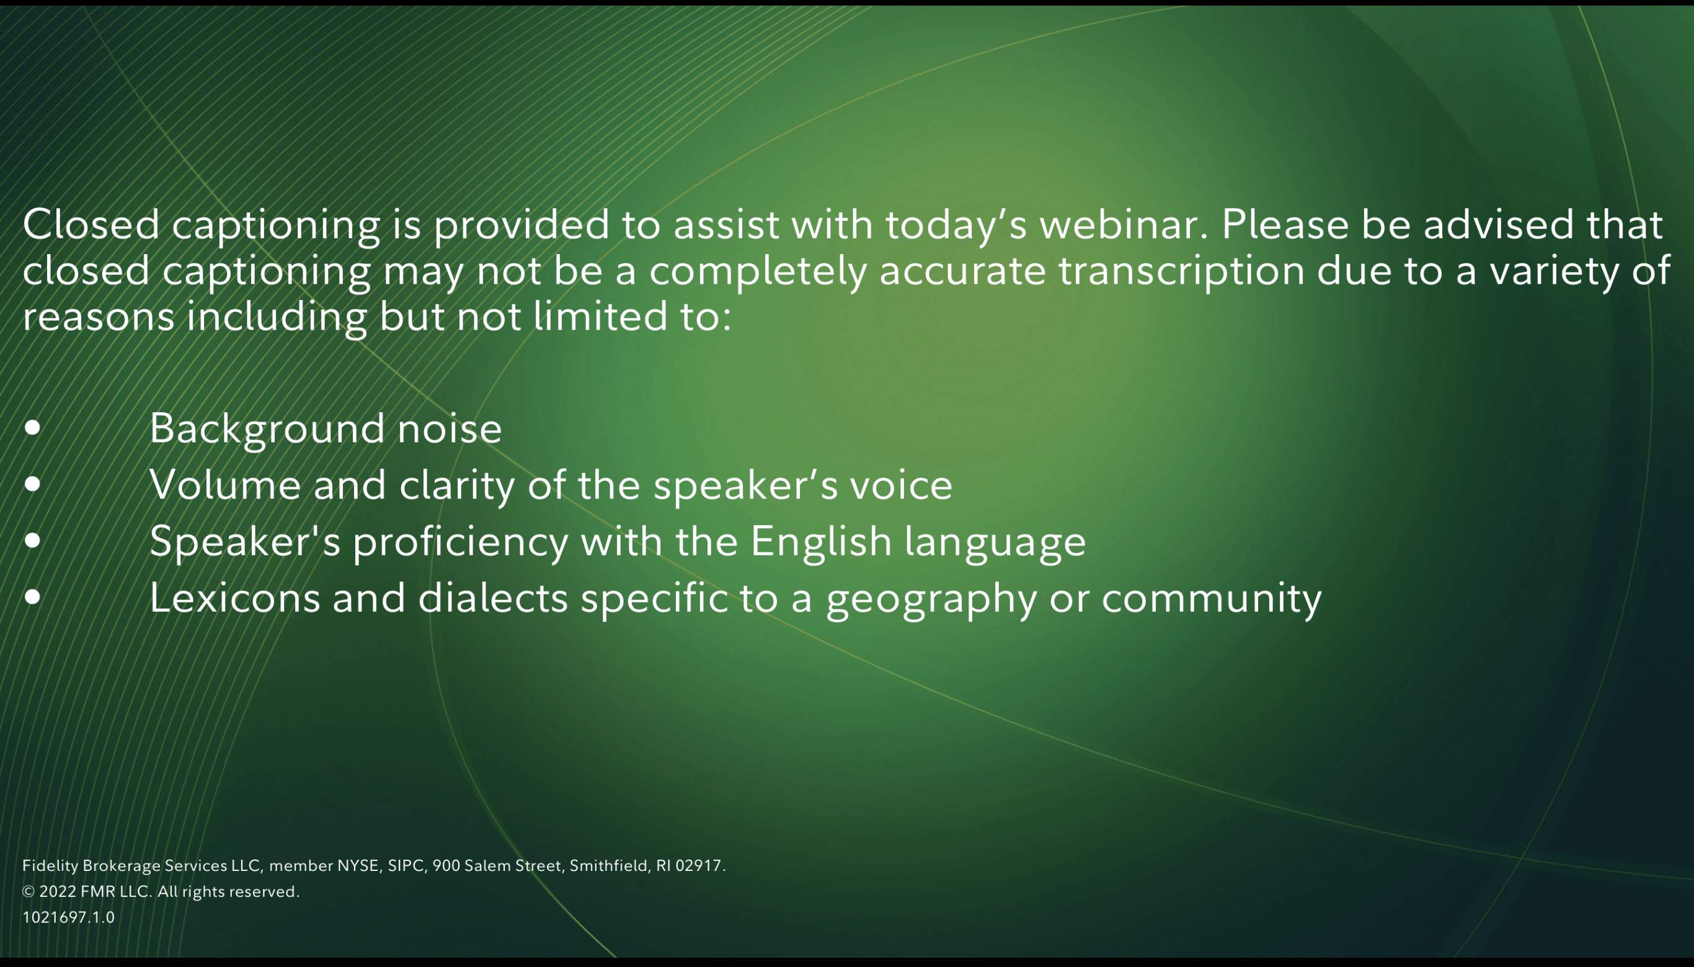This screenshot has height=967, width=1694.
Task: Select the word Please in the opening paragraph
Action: click(x=1285, y=224)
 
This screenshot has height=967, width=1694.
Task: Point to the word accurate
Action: click(x=962, y=271)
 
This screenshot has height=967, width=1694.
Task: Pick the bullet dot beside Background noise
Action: click(x=32, y=428)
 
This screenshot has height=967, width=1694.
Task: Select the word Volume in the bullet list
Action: click(x=225, y=484)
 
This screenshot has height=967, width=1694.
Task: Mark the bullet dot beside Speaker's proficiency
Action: click(x=32, y=541)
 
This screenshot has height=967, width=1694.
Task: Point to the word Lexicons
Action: click(x=235, y=598)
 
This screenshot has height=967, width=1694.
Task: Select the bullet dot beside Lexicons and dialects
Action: click(x=32, y=597)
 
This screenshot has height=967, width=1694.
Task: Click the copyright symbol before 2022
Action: click(x=29, y=891)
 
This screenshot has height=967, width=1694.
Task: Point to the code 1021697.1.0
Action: click(x=68, y=917)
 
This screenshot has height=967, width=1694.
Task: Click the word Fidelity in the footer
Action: click(x=50, y=866)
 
